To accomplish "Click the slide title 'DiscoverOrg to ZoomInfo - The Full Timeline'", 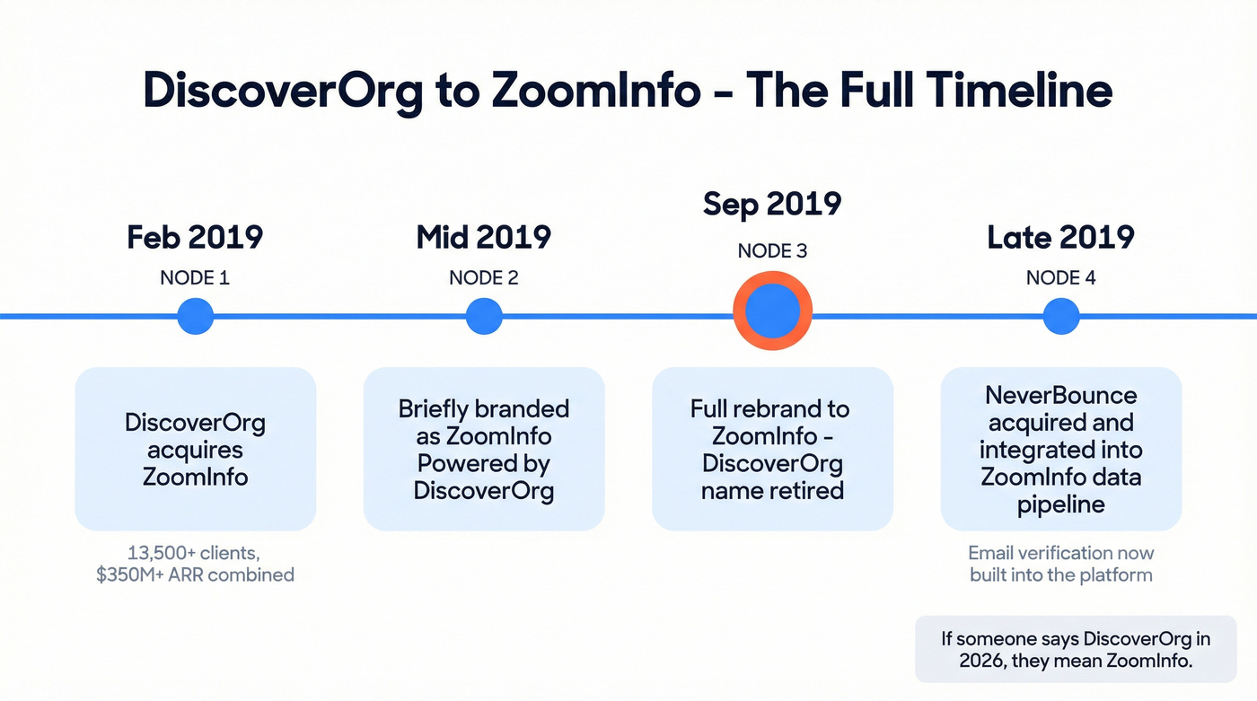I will (628, 91).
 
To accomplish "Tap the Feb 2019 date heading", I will (195, 237).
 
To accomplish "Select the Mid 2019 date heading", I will (483, 237).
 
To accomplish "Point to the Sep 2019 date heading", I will (772, 204).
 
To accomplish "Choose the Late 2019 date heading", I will (1060, 237).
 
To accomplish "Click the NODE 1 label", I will (195, 277).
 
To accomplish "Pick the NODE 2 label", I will (483, 277).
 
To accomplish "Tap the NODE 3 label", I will (772, 250).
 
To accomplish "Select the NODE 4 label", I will (1060, 277).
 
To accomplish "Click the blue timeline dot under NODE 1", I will (195, 316).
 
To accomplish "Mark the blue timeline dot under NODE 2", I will (484, 316).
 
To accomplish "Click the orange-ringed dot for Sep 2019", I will (772, 311).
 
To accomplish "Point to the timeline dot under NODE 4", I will (1060, 316).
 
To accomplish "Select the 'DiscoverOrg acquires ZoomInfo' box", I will (195, 449).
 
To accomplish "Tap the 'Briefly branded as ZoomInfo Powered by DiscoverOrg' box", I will (484, 449).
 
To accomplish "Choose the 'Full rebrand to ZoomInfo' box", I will (772, 449).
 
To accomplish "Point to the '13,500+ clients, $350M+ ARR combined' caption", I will (195, 564).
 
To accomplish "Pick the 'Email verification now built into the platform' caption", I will (1060, 564).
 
